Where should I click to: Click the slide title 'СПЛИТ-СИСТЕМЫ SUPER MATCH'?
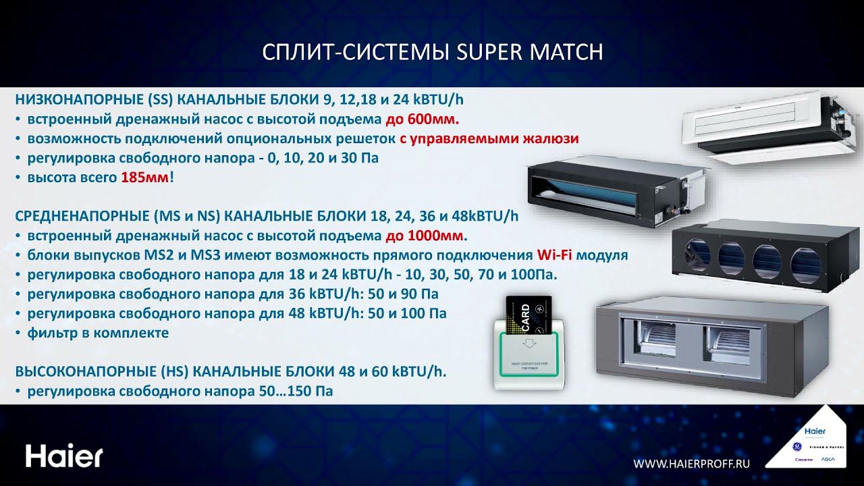(431, 53)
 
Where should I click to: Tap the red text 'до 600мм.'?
(422, 120)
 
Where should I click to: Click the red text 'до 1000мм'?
(425, 236)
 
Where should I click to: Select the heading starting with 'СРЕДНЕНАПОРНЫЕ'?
(267, 217)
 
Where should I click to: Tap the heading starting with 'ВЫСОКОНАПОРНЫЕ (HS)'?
(230, 372)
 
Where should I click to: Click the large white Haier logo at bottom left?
(64, 456)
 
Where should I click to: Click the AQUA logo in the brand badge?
(828, 459)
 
